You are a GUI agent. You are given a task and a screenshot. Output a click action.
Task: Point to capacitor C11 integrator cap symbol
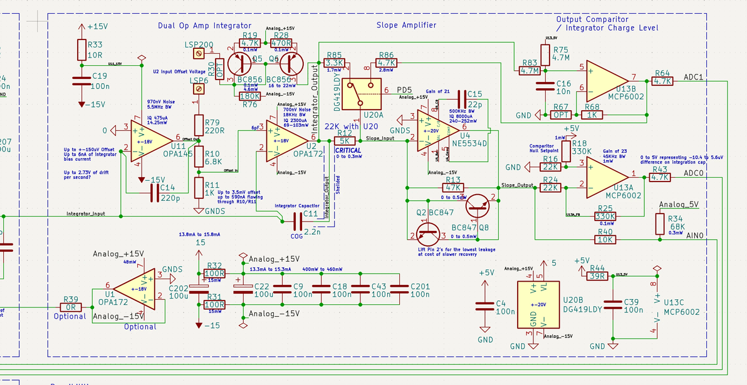(x=290, y=220)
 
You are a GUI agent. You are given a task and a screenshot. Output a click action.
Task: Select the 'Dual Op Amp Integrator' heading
(x=205, y=26)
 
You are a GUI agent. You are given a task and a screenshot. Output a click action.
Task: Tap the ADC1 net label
(x=694, y=77)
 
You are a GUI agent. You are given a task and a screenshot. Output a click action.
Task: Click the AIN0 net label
(x=696, y=235)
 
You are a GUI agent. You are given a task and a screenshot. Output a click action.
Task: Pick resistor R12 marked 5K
(x=344, y=141)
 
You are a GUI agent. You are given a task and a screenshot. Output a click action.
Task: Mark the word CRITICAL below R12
(x=348, y=151)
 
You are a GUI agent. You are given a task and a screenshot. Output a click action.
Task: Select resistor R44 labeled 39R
(x=597, y=275)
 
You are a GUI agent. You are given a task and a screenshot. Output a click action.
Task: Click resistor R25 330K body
(x=605, y=217)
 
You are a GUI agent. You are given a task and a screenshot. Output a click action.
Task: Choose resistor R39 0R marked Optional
(x=71, y=307)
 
